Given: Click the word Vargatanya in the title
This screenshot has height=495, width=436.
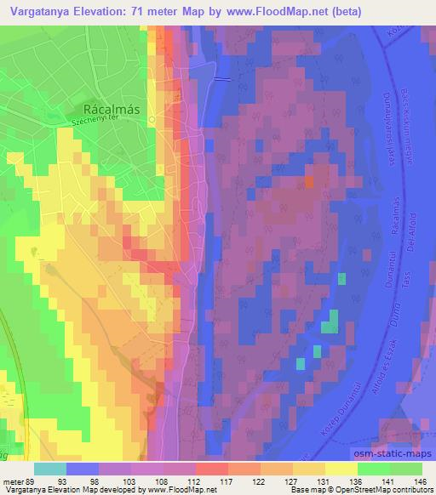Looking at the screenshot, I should click(38, 12).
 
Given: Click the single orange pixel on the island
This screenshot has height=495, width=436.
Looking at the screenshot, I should click(309, 180).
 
